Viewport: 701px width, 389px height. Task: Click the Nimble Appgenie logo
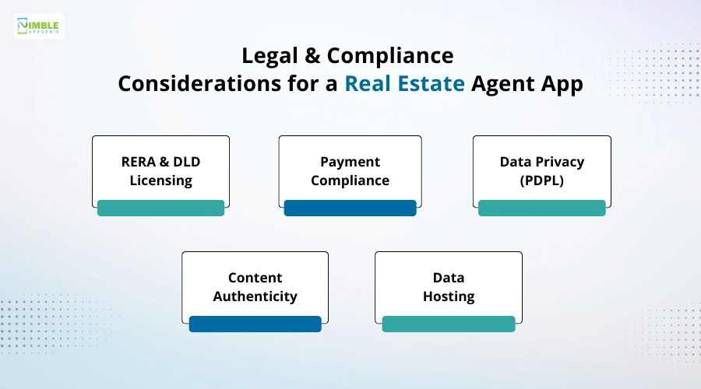pyautogui.click(x=39, y=26)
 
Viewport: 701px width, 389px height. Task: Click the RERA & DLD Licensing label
pyautogui.click(x=160, y=171)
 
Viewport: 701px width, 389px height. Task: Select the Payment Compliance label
pyautogui.click(x=350, y=171)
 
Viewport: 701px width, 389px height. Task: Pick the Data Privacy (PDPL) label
pyautogui.click(x=541, y=171)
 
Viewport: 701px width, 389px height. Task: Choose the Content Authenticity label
pyautogui.click(x=255, y=286)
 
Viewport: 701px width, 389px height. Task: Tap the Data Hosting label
pyautogui.click(x=448, y=286)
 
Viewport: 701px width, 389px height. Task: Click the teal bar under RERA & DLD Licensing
pyautogui.click(x=160, y=208)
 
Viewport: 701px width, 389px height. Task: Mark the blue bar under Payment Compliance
pyautogui.click(x=350, y=208)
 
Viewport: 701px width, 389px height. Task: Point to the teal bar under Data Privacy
pyautogui.click(x=541, y=208)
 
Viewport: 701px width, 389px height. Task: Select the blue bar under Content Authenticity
pyautogui.click(x=255, y=324)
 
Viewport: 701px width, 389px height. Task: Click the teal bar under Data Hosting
pyautogui.click(x=448, y=324)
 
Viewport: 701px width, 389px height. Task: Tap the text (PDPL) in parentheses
pyautogui.click(x=541, y=180)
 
